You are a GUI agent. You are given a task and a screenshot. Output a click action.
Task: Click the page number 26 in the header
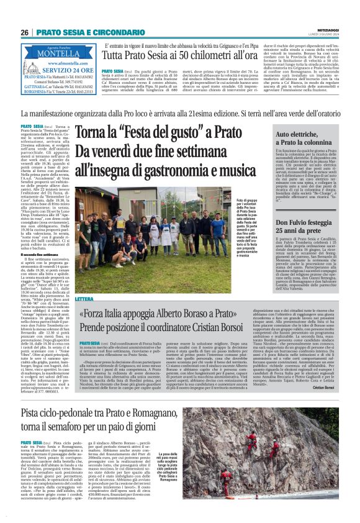tap(25, 32)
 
